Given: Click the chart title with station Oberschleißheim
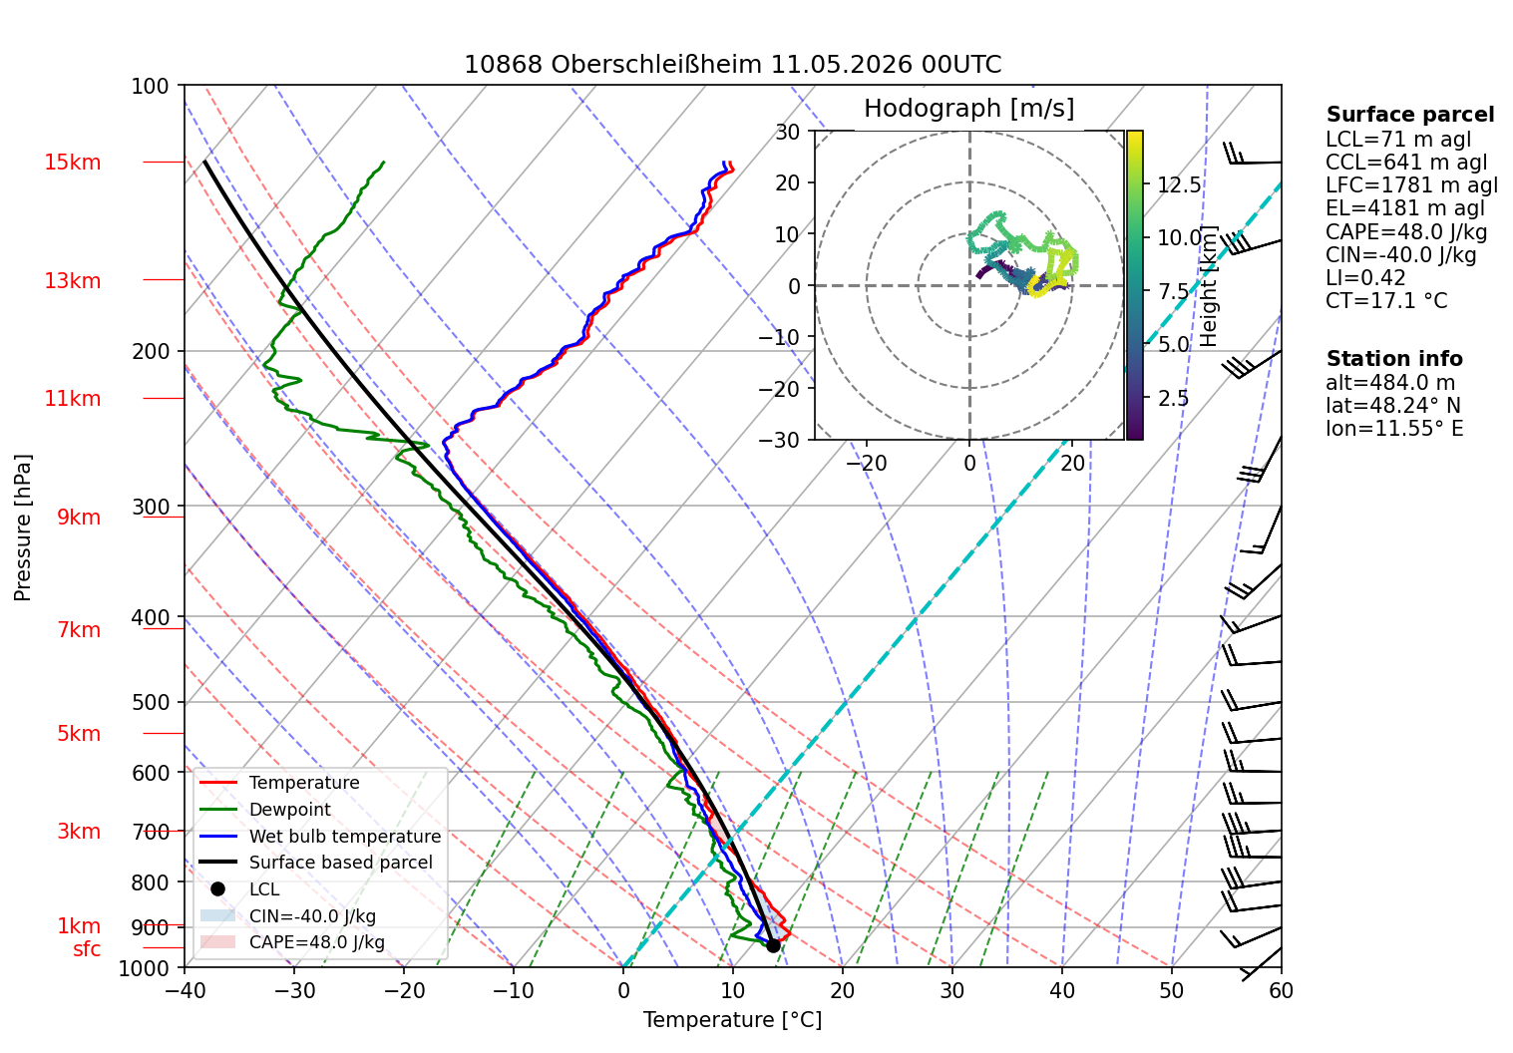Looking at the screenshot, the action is (732, 65).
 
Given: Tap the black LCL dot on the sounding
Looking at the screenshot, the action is (773, 946).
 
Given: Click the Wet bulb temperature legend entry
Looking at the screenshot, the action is (321, 837).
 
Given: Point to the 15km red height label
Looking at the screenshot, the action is (72, 163).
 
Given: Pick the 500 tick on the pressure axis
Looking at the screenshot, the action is (151, 702).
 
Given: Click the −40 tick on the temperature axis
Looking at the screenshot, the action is (185, 991).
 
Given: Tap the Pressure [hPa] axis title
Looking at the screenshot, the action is (22, 527).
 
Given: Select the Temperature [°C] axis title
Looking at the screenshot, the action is (732, 1020).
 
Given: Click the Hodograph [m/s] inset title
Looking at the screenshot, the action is (968, 108).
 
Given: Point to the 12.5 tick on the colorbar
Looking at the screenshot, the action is (1179, 185).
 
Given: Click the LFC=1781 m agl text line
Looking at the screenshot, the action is (1411, 185).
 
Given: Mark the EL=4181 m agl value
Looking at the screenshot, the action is (1405, 208).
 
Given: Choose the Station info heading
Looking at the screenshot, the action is (1394, 359).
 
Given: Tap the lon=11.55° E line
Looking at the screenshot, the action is (1394, 428).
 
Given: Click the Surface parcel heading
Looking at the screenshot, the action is (1409, 115).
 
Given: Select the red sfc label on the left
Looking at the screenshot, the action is (87, 949).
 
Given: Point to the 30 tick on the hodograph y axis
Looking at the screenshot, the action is (788, 132).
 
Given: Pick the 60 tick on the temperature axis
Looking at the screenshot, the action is (1281, 991).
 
